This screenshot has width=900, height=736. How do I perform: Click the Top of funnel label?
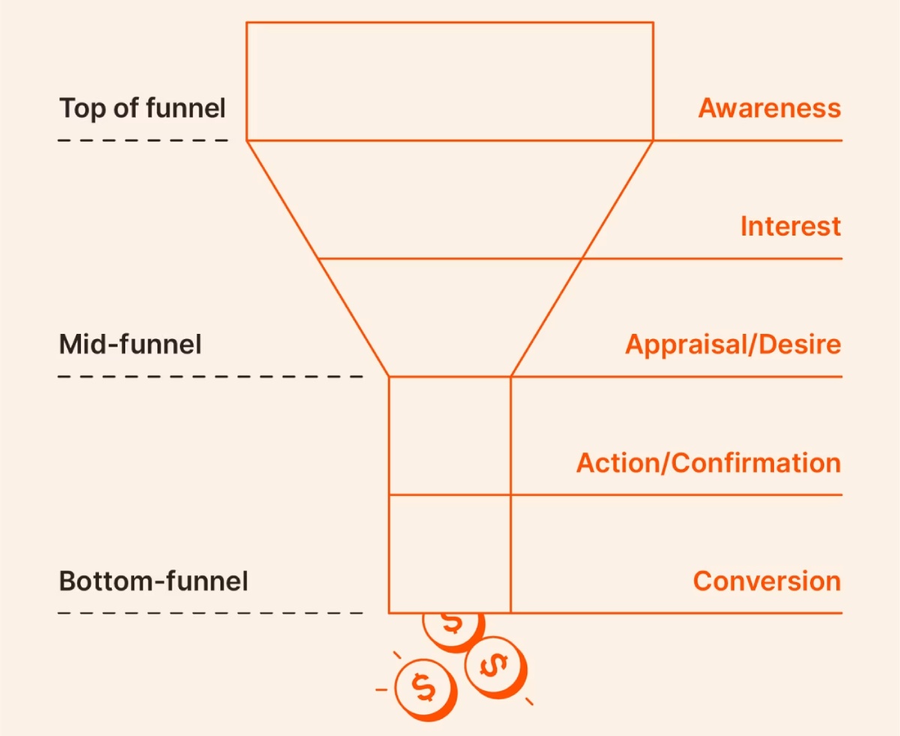click(142, 108)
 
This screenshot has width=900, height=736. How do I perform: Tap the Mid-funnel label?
click(130, 344)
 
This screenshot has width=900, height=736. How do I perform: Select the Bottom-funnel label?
click(153, 581)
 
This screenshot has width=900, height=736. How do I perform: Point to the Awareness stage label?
click(769, 108)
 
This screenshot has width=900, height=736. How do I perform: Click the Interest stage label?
click(790, 226)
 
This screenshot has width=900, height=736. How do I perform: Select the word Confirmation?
click(756, 463)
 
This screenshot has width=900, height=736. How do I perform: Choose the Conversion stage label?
click(766, 581)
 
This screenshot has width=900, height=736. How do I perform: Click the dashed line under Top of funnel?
click(142, 140)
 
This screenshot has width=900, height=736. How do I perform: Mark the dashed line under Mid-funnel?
click(210, 377)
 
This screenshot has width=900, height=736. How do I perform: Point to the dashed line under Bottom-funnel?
click(210, 613)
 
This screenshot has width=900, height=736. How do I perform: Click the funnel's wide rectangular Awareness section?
click(450, 81)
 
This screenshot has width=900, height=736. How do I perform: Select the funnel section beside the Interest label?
click(450, 200)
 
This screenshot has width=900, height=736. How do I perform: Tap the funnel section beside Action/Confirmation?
click(450, 436)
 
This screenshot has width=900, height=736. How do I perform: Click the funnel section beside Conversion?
click(450, 554)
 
